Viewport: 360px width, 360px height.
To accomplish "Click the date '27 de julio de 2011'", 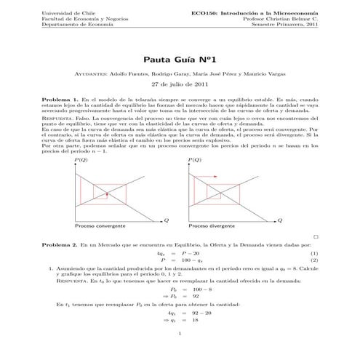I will point(180,84).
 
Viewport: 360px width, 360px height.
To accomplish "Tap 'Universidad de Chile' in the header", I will point(69,13).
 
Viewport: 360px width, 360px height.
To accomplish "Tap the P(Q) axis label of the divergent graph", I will point(194,159).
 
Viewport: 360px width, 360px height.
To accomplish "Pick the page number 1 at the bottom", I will point(180,334).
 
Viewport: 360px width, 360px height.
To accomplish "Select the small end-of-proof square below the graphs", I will point(316,236).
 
